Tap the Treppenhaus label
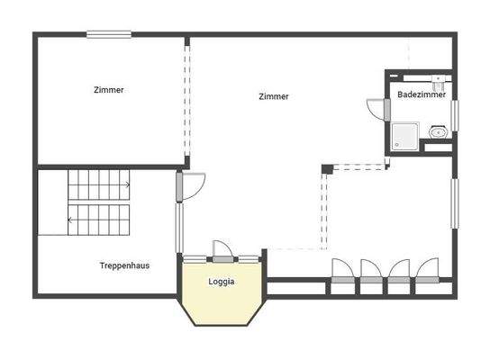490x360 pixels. pyautogui.click(x=123, y=265)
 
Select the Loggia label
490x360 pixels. pyautogui.click(x=222, y=281)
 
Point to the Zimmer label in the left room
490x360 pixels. pyautogui.click(x=109, y=90)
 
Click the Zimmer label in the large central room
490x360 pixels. pyautogui.click(x=273, y=96)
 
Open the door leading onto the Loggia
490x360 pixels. pyautogui.click(x=222, y=251)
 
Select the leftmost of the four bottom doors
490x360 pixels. pyautogui.click(x=343, y=271)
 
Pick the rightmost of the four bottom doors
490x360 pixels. pyautogui.click(x=425, y=271)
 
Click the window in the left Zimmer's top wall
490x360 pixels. pyautogui.click(x=109, y=35)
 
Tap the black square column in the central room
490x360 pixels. pyautogui.click(x=327, y=168)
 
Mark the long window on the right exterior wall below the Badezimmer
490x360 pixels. pyautogui.click(x=455, y=203)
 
